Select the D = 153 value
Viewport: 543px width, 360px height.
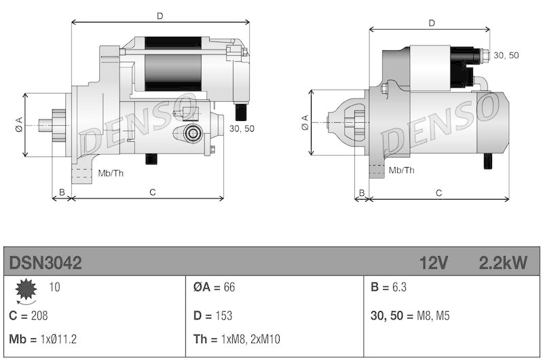click(212, 316)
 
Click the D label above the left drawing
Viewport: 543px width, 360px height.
click(160, 14)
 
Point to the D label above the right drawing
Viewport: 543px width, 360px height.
click(432, 23)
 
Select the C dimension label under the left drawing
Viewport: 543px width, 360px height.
click(153, 193)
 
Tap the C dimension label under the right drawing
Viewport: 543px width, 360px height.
click(439, 193)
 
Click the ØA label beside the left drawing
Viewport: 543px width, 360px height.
click(18, 125)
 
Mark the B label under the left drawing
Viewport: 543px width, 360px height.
click(62, 193)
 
